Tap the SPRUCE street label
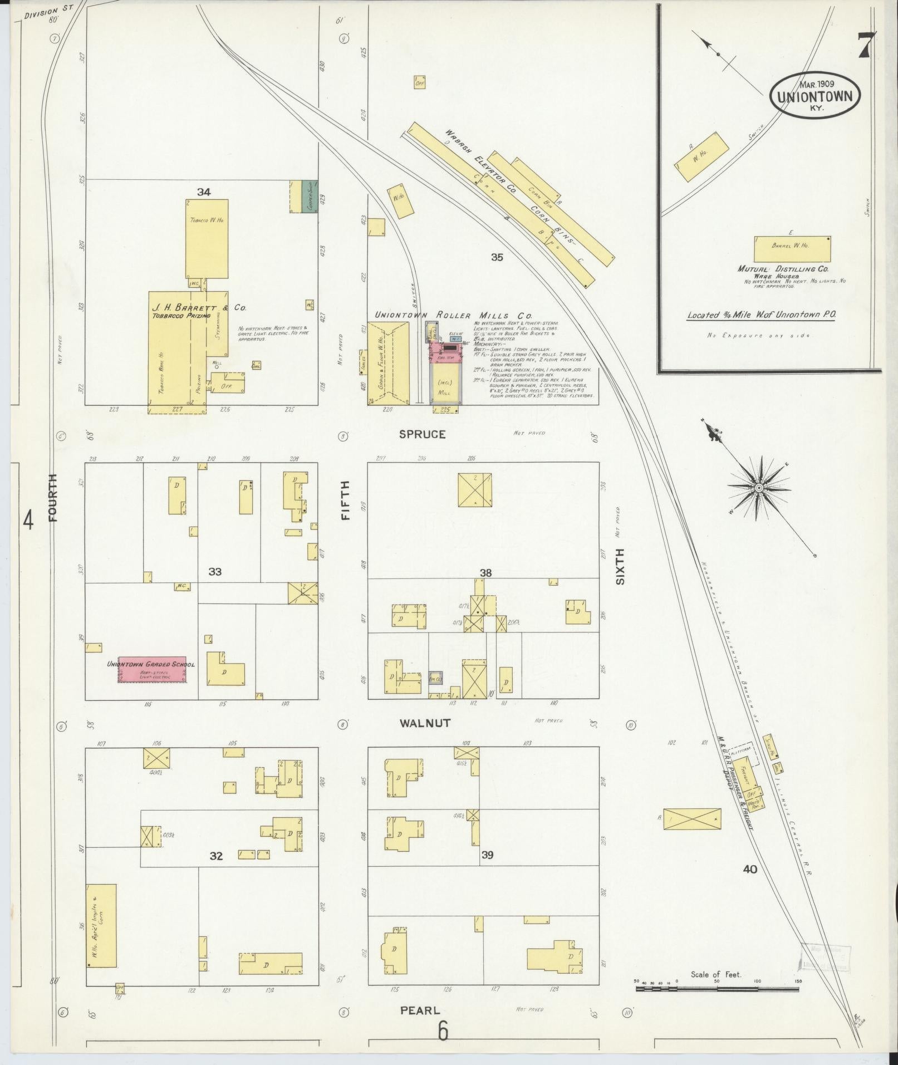point(422,434)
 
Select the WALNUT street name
point(424,723)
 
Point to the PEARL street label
point(420,1010)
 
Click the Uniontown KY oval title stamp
point(814,95)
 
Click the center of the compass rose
point(758,488)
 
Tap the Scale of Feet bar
point(717,988)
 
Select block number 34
point(204,192)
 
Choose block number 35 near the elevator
point(497,257)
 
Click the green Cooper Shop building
point(309,196)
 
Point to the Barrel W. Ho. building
point(792,249)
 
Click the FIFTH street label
point(346,500)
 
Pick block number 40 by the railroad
point(750,869)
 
